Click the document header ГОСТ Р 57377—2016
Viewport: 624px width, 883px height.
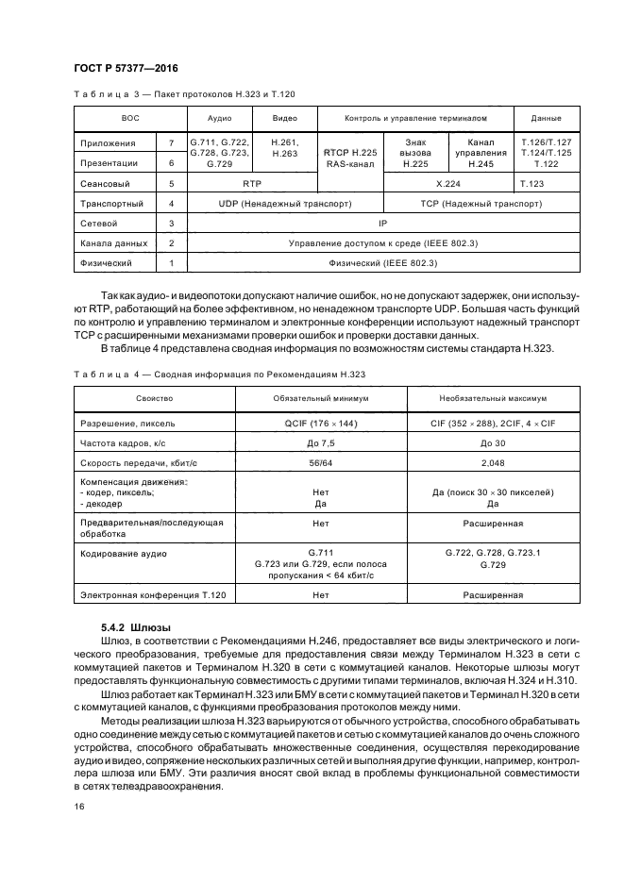126,69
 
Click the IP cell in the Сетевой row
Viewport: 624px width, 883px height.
382,223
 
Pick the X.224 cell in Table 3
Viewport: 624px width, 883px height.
447,183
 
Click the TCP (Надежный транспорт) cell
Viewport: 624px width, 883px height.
481,203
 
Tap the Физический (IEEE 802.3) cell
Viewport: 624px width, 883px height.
382,262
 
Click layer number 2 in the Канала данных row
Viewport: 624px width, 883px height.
171,242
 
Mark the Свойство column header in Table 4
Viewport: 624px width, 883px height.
154,398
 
